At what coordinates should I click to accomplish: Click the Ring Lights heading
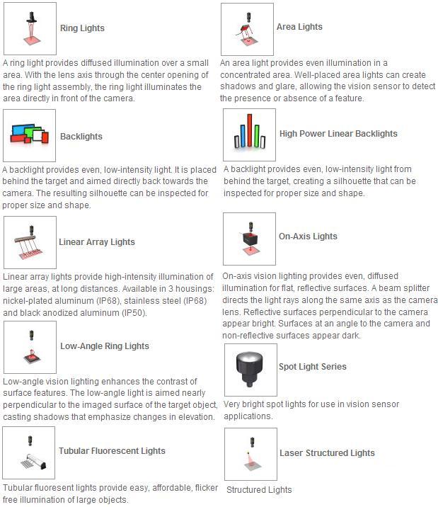click(x=82, y=28)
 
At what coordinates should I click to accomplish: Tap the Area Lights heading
click(x=299, y=27)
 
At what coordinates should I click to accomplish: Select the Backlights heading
click(x=81, y=137)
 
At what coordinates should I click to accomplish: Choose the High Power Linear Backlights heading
click(x=338, y=134)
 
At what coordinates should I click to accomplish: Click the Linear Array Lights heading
click(x=97, y=242)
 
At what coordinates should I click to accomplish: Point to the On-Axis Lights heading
click(x=308, y=237)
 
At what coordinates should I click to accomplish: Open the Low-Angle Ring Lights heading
click(x=105, y=346)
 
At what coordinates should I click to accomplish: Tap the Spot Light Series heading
click(x=312, y=367)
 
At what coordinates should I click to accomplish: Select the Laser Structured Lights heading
click(x=327, y=453)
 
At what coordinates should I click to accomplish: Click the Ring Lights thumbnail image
click(x=30, y=23)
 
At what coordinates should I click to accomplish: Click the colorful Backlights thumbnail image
click(x=29, y=135)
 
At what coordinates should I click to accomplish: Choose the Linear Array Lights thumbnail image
click(x=30, y=242)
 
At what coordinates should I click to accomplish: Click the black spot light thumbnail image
click(x=250, y=369)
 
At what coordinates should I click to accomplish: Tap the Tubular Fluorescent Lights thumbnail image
click(x=29, y=452)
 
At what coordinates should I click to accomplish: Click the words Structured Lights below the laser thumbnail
click(x=259, y=490)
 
